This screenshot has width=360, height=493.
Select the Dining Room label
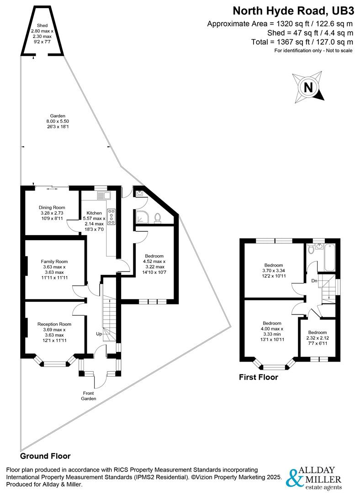[52, 213]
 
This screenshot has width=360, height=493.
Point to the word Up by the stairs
[99, 334]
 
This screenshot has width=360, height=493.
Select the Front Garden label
[89, 395]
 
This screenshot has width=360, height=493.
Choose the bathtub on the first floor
[328, 257]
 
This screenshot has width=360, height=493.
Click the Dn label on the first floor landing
[314, 281]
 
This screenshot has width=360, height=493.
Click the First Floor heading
[259, 377]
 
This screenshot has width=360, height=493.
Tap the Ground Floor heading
[45, 456]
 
